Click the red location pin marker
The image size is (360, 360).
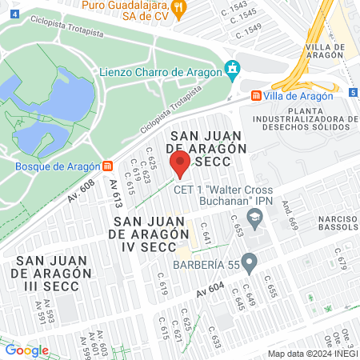click(x=180, y=164)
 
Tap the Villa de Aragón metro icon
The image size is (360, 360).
click(x=256, y=95)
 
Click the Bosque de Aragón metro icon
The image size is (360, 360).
click(x=107, y=166)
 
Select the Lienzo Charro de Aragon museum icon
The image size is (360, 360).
click(x=233, y=70)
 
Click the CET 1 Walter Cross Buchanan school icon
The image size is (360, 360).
click(x=254, y=216)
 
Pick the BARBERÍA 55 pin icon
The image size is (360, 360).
click(x=250, y=261)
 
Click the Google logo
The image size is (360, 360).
click(x=26, y=350)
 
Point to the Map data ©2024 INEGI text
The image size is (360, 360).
click(x=312, y=354)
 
